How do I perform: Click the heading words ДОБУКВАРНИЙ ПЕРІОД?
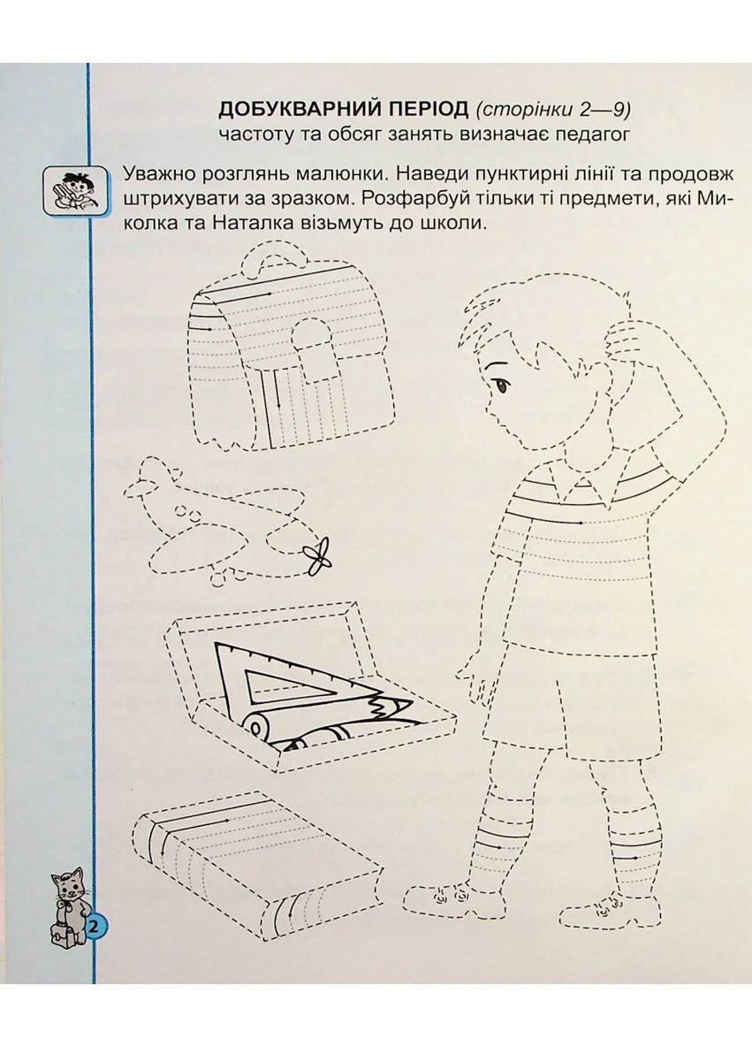(x=343, y=110)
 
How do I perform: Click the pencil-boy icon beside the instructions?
(x=67, y=189)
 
